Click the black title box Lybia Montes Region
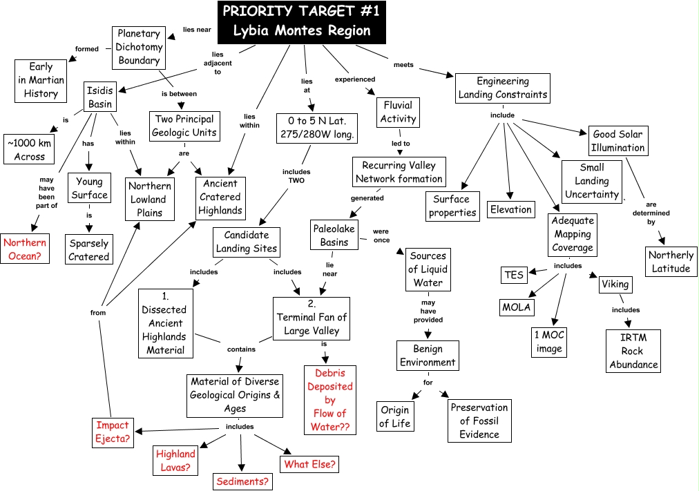(x=302, y=22)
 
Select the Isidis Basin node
(x=100, y=97)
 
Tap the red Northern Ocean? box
(x=25, y=249)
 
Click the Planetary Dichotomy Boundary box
(x=139, y=48)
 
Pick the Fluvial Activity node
(x=398, y=113)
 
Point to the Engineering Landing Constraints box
(x=503, y=88)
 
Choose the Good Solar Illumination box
(x=618, y=141)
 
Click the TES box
(x=514, y=275)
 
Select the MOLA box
(x=516, y=307)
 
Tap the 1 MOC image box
(x=549, y=343)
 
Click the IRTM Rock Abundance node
(x=633, y=351)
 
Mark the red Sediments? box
(x=242, y=481)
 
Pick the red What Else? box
(x=310, y=464)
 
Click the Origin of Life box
(x=395, y=416)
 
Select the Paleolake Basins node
(x=334, y=235)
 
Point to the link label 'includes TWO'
(x=296, y=176)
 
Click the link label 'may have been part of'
(x=46, y=193)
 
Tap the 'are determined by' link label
(x=651, y=213)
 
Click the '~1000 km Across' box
(x=29, y=149)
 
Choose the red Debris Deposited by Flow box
(x=330, y=400)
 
